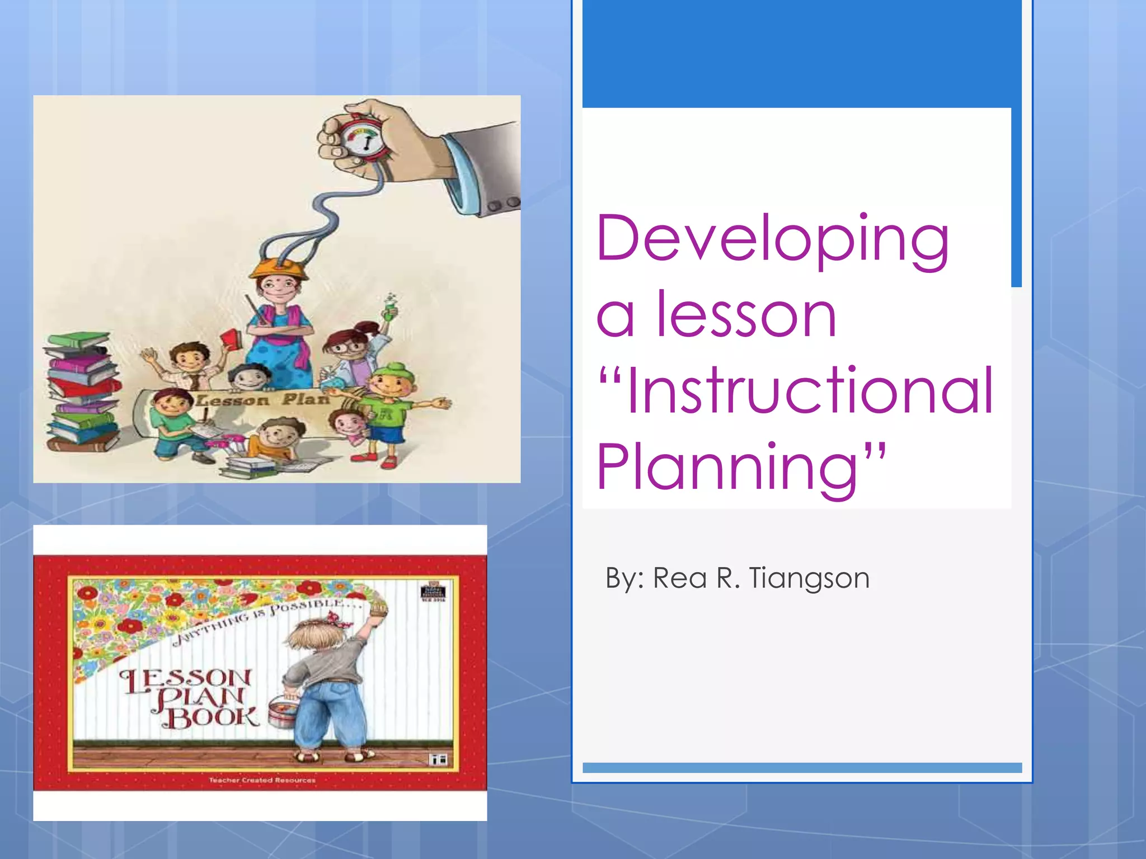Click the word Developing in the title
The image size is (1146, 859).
coord(772,240)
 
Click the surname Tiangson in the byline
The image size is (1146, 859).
coord(809,578)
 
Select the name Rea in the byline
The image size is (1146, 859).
coord(680,578)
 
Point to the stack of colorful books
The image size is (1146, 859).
coord(83,391)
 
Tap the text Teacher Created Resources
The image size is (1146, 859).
coord(262,780)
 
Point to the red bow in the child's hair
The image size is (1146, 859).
coord(337,617)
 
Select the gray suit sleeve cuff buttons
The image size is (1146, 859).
coord(503,204)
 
